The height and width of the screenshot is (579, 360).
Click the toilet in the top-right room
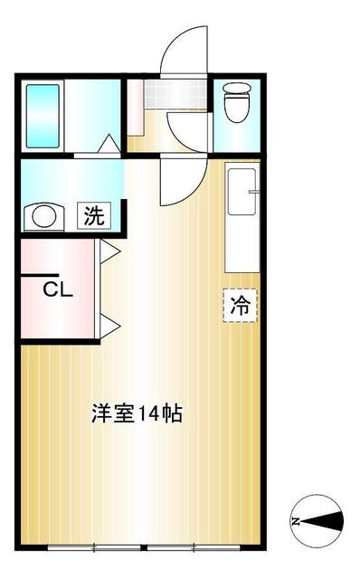[235, 106]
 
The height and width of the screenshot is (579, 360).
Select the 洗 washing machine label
[94, 216]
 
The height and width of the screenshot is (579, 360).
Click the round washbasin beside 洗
[43, 217]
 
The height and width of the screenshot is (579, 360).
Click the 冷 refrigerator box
[240, 305]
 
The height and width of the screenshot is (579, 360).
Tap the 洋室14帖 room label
[137, 414]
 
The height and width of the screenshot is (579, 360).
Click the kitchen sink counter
[241, 217]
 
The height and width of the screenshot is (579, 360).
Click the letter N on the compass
[296, 521]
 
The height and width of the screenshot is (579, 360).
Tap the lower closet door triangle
[109, 324]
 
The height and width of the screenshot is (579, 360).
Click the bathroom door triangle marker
[108, 145]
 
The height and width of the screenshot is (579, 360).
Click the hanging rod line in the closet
[38, 275]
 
